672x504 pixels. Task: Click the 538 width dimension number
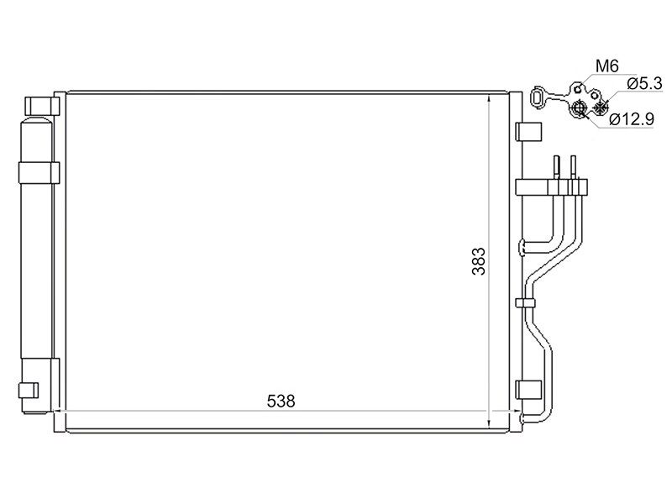pyautogui.click(x=281, y=402)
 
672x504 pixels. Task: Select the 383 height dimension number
pyautogui.click(x=479, y=261)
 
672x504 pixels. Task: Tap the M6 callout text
pyautogui.click(x=607, y=66)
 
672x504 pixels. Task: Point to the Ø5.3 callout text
pyautogui.click(x=644, y=83)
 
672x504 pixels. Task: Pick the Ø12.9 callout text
pyautogui.click(x=632, y=119)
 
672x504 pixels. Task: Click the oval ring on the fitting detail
pyautogui.click(x=537, y=97)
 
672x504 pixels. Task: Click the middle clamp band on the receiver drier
pyautogui.click(x=39, y=173)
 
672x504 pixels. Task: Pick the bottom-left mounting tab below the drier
pyautogui.click(x=29, y=390)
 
